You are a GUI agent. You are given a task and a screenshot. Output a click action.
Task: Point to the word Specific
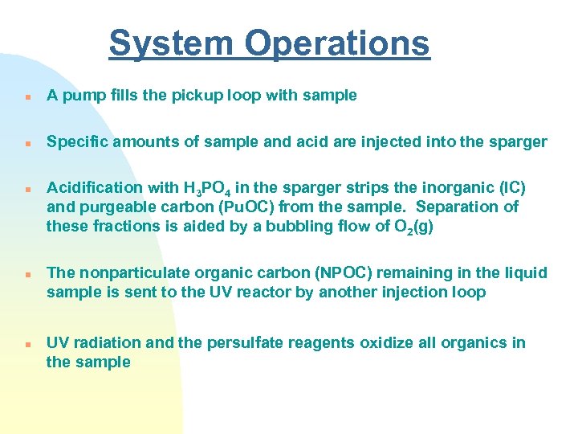coord(76,142)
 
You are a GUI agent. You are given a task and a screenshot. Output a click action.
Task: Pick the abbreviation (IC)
coord(512,188)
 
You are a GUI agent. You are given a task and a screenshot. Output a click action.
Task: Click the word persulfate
coord(243,343)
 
